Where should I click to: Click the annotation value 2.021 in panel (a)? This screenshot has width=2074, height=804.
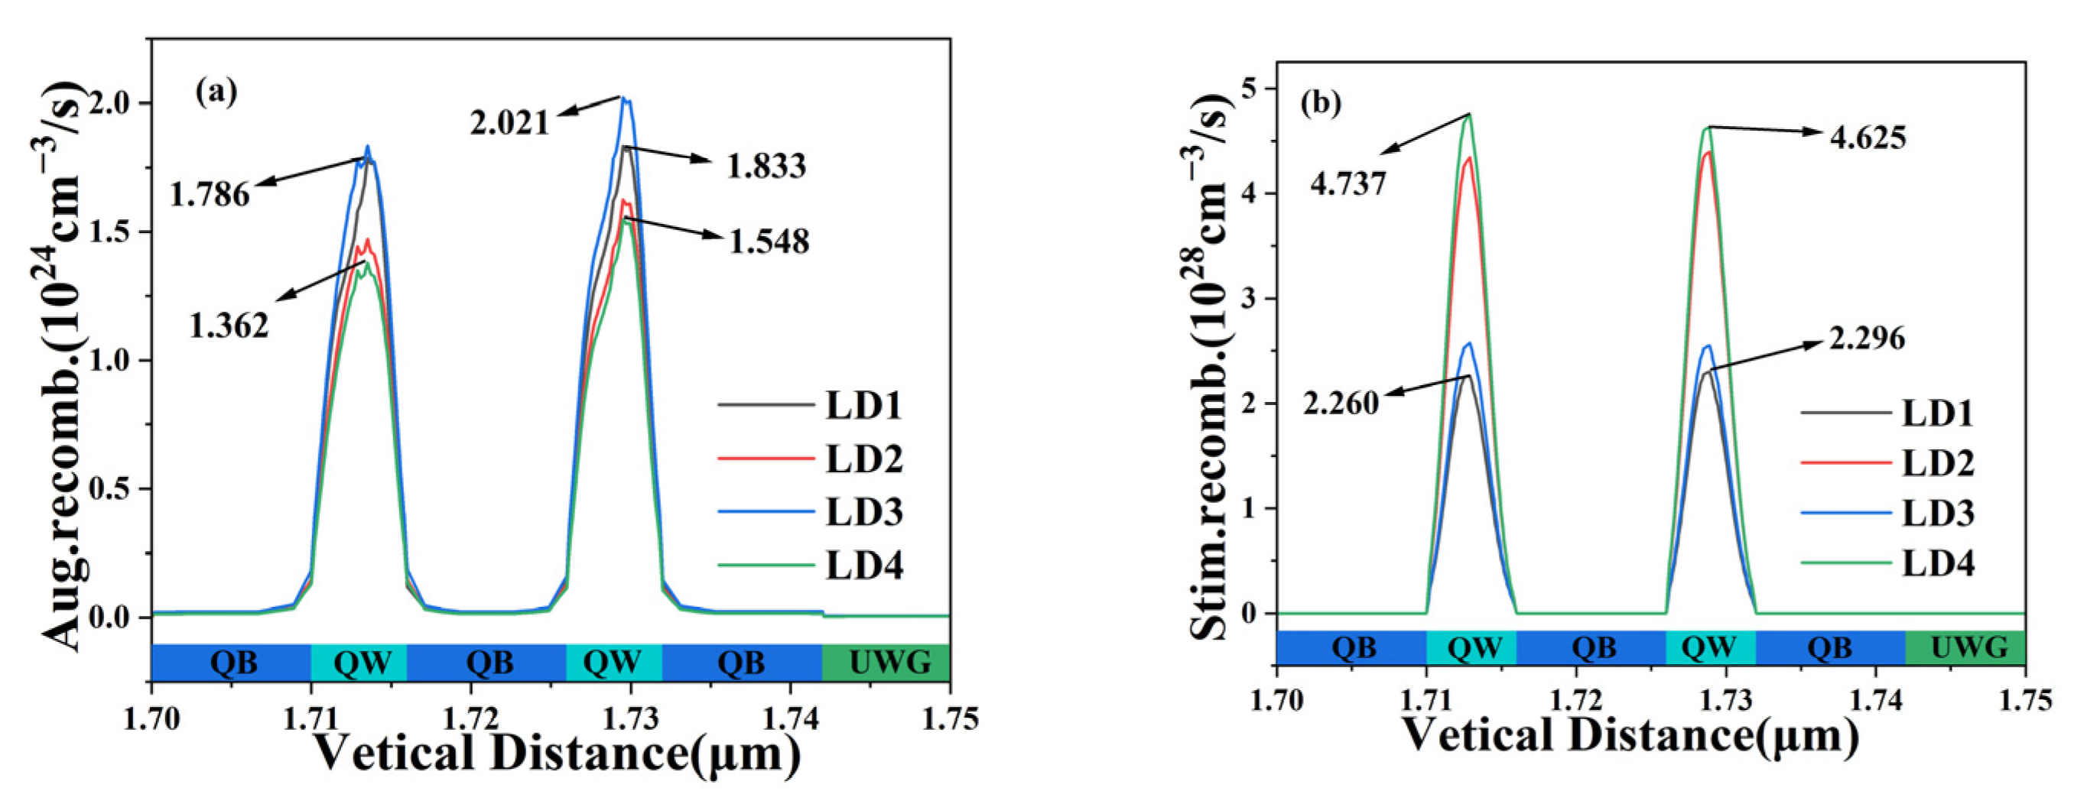[x=509, y=123]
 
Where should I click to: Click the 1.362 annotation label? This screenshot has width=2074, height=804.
[x=229, y=326]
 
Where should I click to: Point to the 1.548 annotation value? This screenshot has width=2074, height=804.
[x=769, y=242]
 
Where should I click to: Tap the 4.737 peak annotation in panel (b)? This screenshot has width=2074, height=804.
[x=1347, y=184]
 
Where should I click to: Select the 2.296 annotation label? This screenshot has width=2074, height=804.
[x=1867, y=339]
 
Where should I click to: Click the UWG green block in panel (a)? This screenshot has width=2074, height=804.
[x=886, y=663]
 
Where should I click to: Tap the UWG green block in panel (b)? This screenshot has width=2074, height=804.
[x=1965, y=647]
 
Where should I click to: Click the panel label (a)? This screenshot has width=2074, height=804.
[x=216, y=92]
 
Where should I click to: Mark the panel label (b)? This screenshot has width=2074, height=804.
[x=1321, y=103]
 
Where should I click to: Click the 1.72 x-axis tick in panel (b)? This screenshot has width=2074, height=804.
[x=1575, y=700]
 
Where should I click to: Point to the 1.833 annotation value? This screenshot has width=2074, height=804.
[x=766, y=167]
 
